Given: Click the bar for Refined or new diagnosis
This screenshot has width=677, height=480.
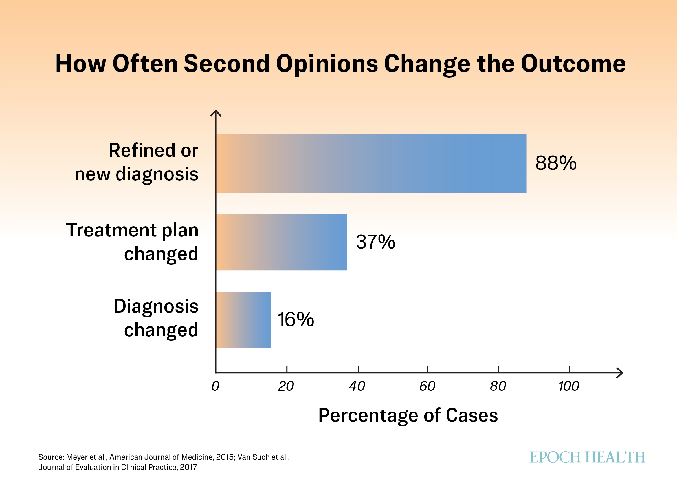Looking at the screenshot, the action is point(371,163).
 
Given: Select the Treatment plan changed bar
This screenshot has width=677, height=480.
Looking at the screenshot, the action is point(282,242).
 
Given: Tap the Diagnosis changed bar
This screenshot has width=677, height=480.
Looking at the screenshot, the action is point(244,320).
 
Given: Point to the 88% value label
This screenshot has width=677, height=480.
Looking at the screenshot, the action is point(556,163).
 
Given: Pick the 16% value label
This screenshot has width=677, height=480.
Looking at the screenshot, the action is point(296,320).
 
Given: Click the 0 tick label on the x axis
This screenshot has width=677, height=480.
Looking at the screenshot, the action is point(215,386).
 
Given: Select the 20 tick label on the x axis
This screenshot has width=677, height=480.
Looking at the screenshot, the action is point(286,386).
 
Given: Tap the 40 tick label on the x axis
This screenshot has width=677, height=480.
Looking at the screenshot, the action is point(357,386).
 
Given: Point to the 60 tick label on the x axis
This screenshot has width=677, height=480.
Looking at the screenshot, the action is point(427,386).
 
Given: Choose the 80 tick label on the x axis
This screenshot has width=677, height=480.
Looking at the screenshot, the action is point(498,386).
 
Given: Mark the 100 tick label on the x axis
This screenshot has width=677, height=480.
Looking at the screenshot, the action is point(569,386).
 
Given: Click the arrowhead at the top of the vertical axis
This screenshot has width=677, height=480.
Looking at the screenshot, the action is point(216,113).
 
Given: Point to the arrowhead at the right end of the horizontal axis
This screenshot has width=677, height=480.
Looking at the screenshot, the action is point(620,373).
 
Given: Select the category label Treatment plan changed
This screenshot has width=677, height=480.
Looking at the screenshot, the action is point(132,242).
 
